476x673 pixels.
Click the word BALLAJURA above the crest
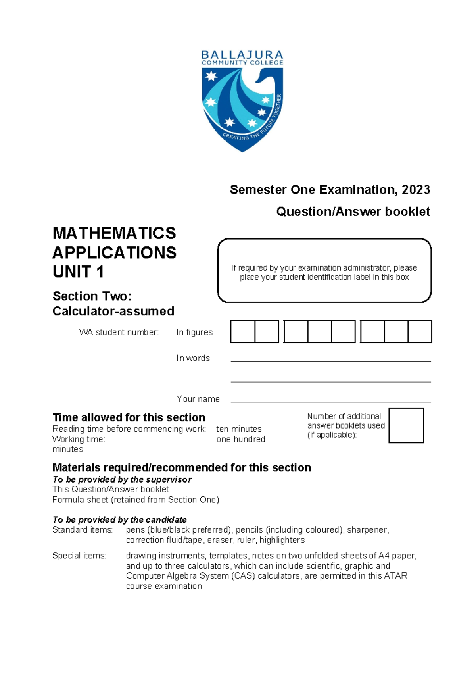[x=242, y=55]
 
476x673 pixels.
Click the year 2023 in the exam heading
[x=416, y=190]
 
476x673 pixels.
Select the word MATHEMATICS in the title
[x=114, y=233]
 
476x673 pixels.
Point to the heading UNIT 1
[x=78, y=272]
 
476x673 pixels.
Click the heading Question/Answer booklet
[x=353, y=212]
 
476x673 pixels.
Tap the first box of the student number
[x=242, y=332]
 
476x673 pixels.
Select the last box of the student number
[x=420, y=332]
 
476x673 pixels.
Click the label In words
[x=193, y=358]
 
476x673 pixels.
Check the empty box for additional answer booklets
[x=406, y=425]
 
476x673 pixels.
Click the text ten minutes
[x=239, y=429]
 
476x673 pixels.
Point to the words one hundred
[x=240, y=439]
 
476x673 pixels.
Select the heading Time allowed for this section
[x=129, y=417]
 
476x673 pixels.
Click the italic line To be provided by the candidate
[x=119, y=520]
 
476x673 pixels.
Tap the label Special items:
[x=79, y=556]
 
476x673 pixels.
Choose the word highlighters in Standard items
[x=282, y=540]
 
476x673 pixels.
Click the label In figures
[x=194, y=332]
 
